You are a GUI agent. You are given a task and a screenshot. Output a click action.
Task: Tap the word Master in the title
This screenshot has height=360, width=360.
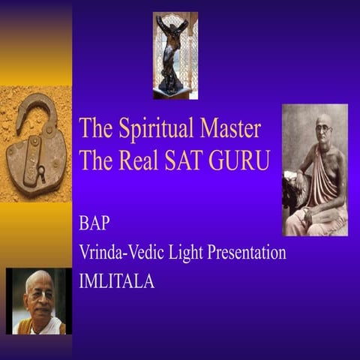228,128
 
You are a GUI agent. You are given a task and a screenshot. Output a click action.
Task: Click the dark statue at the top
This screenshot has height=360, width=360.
175,52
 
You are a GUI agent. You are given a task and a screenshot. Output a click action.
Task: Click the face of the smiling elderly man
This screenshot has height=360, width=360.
37,295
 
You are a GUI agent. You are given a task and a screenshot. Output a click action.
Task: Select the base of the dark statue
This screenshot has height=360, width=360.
175,92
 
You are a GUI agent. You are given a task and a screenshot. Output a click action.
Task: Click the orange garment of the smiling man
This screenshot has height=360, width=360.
37,327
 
